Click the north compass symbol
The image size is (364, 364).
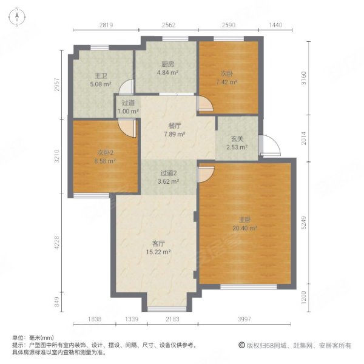pos(17,17)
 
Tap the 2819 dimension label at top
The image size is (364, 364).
pos(106,25)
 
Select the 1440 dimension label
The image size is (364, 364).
pos(275,25)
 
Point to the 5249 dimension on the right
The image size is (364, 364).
pos(304,223)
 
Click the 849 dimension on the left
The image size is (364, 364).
pos(57,302)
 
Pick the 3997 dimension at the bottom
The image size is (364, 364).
pos(244,319)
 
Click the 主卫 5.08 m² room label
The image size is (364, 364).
pos(101,80)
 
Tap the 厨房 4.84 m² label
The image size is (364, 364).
pos(167,68)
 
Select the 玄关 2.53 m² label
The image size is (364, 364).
pos(237,143)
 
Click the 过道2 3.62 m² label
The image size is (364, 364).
pos(169,177)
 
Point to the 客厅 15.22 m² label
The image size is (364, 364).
pos(158,248)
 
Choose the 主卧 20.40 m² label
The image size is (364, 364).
pos(244,224)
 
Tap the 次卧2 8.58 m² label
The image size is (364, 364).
pos(105,157)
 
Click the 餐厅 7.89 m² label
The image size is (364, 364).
pos(174,130)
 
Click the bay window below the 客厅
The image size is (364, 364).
pos(167,309)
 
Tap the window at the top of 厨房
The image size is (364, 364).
pos(175,39)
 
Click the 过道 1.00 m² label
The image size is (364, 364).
pos(128,107)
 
